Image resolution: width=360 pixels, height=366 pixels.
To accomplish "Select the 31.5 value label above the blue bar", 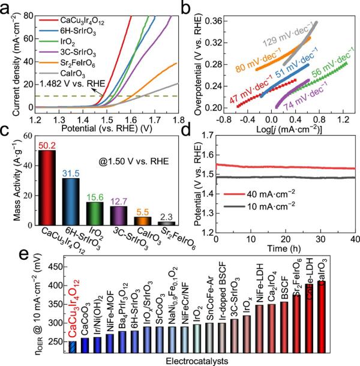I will tap(71, 173).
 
